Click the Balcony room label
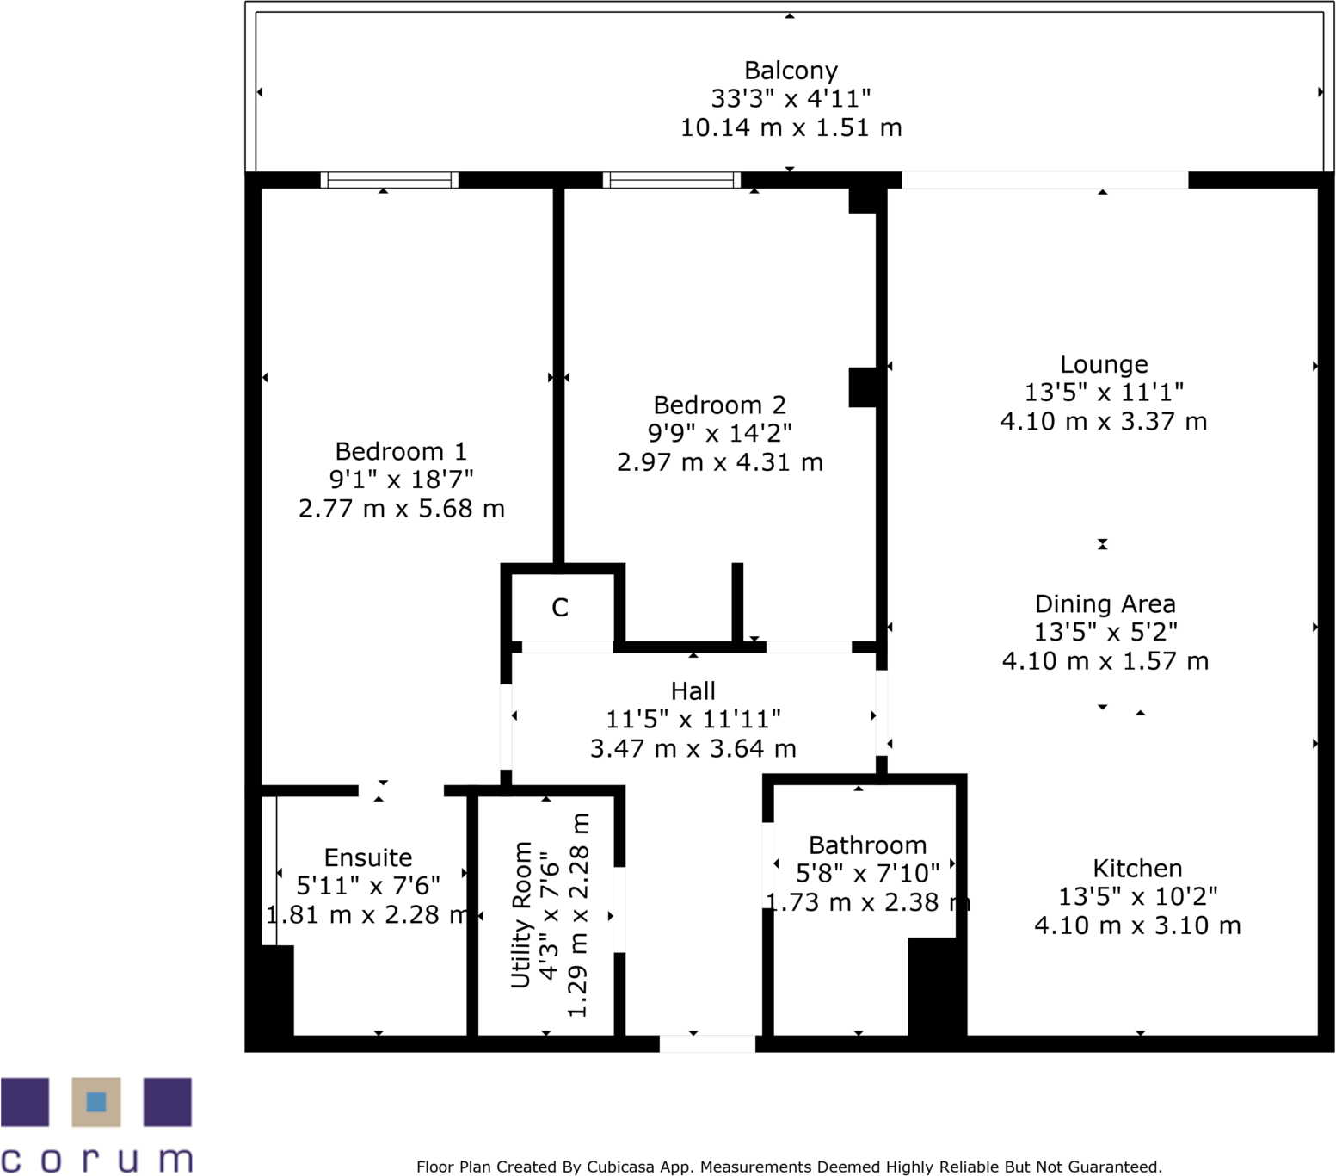point(790,71)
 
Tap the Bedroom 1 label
point(400,451)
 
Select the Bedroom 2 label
point(719,405)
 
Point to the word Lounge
point(1103,365)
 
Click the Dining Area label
point(1105,603)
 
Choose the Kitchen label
point(1136,868)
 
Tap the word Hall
point(693,690)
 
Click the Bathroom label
point(867,845)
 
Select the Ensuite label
point(367,857)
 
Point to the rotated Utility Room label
point(521,914)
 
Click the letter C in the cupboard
point(560,608)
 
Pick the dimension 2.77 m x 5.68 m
point(401,509)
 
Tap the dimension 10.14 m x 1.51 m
point(791,128)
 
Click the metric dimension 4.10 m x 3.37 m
point(1103,422)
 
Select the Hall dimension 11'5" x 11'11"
point(693,719)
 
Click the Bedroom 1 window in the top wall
point(390,180)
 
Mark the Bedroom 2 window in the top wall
point(671,180)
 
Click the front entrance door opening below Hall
point(706,1043)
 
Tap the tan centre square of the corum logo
point(96,1102)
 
